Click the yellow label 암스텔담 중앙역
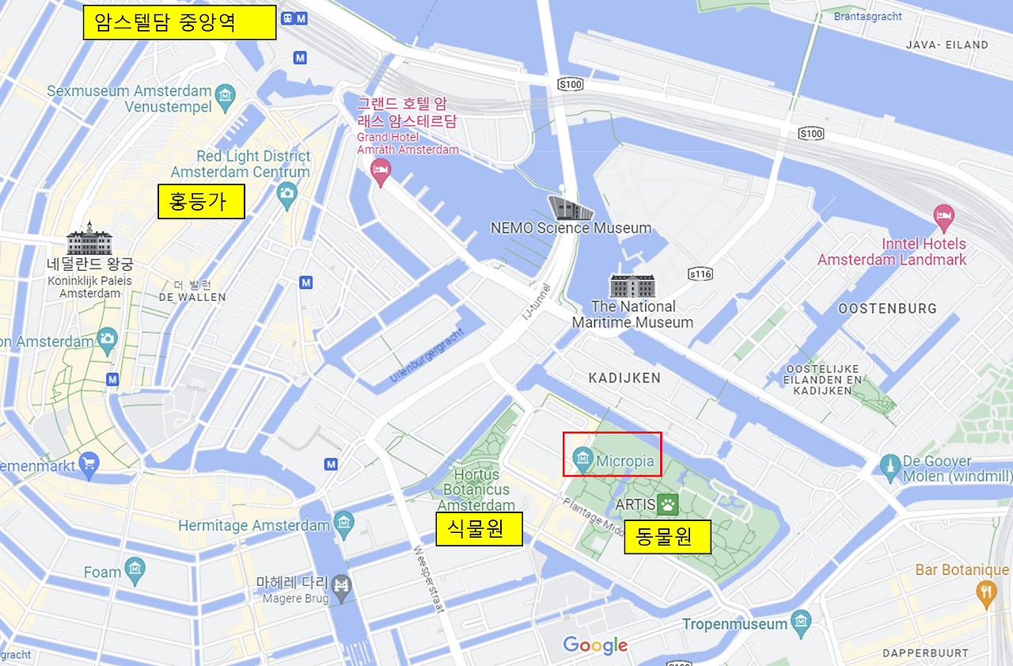pyautogui.click(x=179, y=23)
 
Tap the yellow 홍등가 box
pyautogui.click(x=201, y=201)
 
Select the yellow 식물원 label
pyautogui.click(x=479, y=528)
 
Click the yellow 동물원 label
pyautogui.click(x=667, y=537)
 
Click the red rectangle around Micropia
pyautogui.click(x=612, y=454)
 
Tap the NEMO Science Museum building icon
pyautogui.click(x=571, y=208)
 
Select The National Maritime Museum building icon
pyautogui.click(x=632, y=286)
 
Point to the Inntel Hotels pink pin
pyautogui.click(x=943, y=216)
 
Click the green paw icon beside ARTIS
pyautogui.click(x=668, y=504)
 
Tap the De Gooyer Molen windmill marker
pyautogui.click(x=890, y=467)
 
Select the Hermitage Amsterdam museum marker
pyautogui.click(x=343, y=524)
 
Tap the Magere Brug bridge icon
pyautogui.click(x=342, y=586)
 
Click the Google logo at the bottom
pyautogui.click(x=595, y=645)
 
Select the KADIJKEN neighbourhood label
pyautogui.click(x=624, y=379)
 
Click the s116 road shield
pyautogui.click(x=700, y=274)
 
